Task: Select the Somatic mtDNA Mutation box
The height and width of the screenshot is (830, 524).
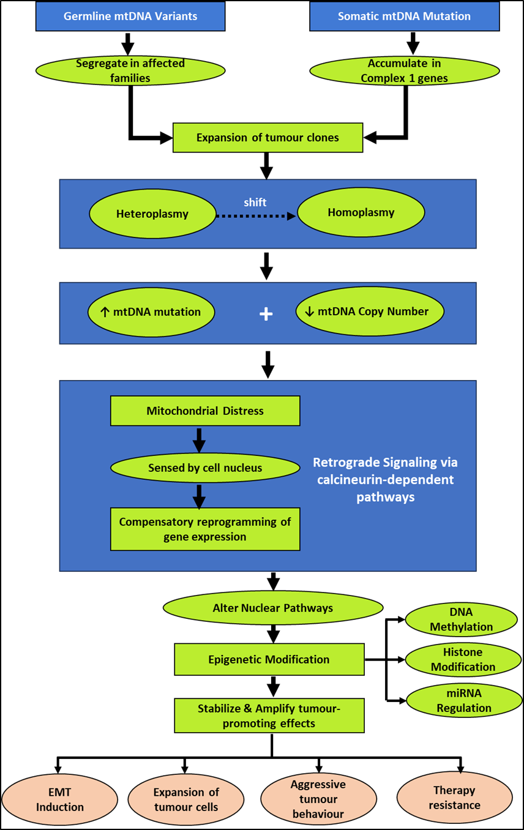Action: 404,17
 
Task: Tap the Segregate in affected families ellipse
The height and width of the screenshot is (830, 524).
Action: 130,71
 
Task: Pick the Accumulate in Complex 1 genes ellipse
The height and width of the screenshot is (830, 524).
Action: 404,71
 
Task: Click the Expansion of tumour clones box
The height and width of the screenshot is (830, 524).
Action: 268,138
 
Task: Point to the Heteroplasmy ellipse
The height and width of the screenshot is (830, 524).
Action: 152,214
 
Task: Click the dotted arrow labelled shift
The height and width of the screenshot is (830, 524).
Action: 256,215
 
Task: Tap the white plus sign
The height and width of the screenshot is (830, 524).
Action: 266,314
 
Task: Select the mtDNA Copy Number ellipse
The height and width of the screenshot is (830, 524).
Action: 369,312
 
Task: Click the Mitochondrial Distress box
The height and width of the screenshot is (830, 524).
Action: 205,411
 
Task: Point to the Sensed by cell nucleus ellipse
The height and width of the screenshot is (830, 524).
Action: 205,468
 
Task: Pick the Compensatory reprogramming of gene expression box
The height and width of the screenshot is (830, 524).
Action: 205,529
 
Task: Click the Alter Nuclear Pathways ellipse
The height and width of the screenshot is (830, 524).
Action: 272,608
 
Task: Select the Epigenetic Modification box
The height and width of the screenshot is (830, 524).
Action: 269,659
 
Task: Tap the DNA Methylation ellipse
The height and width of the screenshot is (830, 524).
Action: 461,619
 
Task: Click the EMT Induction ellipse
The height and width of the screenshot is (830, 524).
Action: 59,799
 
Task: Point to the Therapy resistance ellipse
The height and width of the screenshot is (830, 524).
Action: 454,798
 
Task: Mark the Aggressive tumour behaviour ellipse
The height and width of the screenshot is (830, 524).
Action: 318,799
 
